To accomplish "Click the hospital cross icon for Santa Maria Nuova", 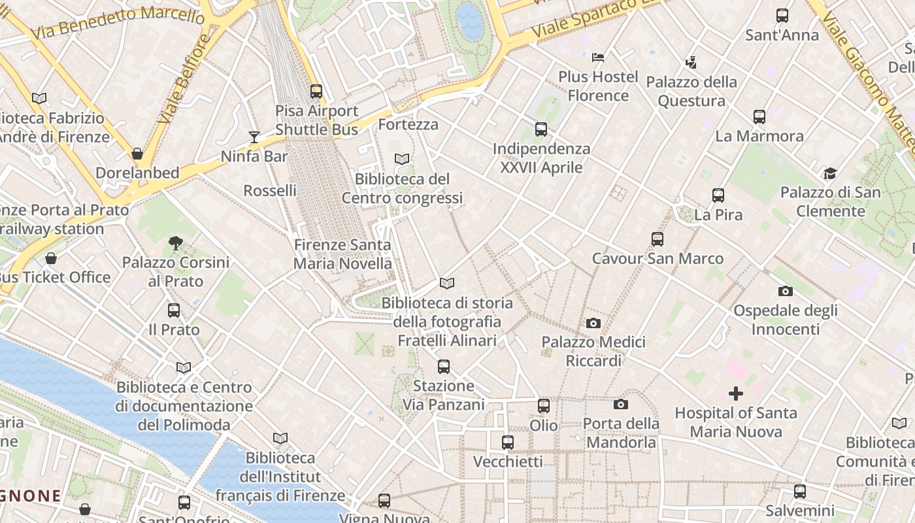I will pos(736,394).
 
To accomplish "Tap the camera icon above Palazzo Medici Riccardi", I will pos(593,323).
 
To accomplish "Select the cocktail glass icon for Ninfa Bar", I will pos(254,137).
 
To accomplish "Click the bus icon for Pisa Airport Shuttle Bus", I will pos(316,92).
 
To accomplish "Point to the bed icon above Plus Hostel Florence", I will pos(597,58).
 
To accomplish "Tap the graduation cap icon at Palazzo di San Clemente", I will pos(830,173).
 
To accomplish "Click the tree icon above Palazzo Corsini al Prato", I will pos(175,243).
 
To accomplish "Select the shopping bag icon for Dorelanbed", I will pos(137,154).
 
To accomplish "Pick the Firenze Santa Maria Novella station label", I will pos(342,254).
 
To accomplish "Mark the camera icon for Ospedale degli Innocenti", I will pos(785,291).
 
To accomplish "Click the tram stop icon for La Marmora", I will pos(759,117).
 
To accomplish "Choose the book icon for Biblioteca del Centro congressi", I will pos(402,159).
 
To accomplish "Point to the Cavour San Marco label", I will pos(657,258).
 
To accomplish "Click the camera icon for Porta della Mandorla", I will pos(621,405).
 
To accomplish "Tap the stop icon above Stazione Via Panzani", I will pos(444,367).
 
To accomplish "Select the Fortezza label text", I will pos(408,124).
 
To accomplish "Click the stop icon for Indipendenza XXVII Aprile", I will pos(541,129).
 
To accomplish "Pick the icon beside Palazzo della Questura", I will pos(691,63).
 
